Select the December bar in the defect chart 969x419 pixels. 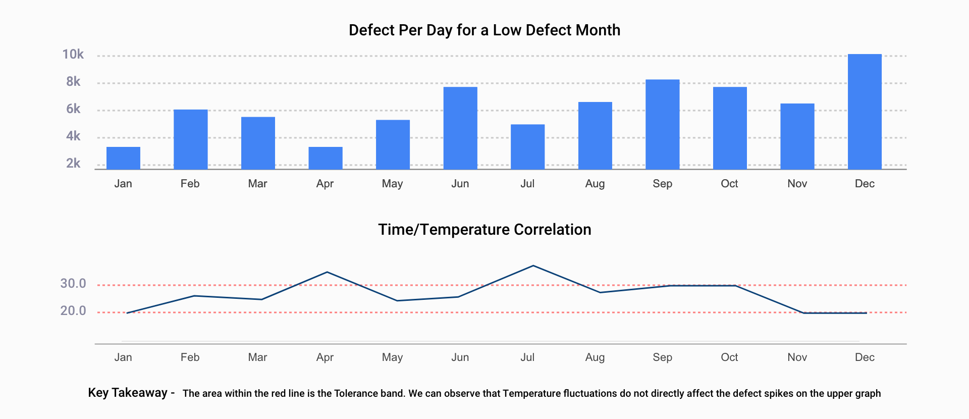[x=865, y=112]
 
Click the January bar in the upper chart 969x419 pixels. [x=123, y=158]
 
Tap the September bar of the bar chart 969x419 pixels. [x=662, y=124]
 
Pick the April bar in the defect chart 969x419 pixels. [x=325, y=158]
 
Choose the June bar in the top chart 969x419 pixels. [x=460, y=128]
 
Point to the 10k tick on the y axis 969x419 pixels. [x=73, y=55]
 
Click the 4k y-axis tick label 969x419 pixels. [x=73, y=136]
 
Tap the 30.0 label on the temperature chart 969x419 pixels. [x=73, y=284]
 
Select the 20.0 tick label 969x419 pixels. [x=73, y=311]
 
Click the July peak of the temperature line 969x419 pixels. [x=533, y=266]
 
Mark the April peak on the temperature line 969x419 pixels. [x=327, y=273]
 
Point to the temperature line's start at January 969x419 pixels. [x=127, y=313]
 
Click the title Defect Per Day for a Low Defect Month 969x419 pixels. [x=484, y=30]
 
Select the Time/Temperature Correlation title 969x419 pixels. [x=484, y=230]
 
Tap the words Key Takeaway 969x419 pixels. [x=128, y=393]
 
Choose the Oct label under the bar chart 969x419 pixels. [x=729, y=184]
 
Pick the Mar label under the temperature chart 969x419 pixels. [x=257, y=357]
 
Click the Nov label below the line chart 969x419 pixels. [x=797, y=357]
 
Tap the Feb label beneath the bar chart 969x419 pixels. [x=190, y=184]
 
